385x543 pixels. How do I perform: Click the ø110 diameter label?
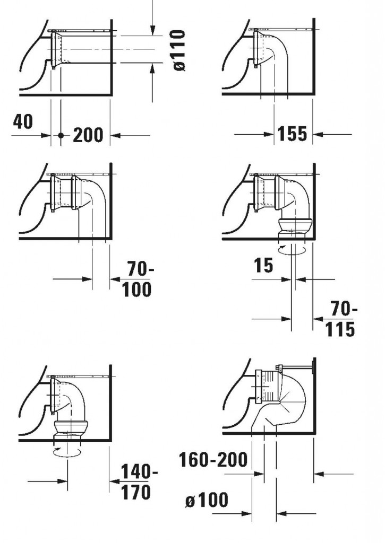click(x=179, y=50)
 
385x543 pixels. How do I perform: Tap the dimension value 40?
click(x=23, y=121)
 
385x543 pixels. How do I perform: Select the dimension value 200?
click(x=88, y=135)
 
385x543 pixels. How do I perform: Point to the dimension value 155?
click(x=293, y=134)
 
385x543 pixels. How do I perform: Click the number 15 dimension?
click(x=263, y=265)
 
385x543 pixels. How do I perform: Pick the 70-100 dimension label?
click(x=138, y=279)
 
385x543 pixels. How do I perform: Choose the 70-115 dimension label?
click(x=341, y=319)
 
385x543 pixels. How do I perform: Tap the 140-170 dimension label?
click(x=138, y=482)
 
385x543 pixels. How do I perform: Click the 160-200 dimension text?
click(x=213, y=460)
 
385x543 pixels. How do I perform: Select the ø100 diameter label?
click(x=207, y=500)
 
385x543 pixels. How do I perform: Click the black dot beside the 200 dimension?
click(x=61, y=135)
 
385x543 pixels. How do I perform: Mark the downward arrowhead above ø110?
click(x=152, y=30)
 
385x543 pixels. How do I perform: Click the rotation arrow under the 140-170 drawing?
click(x=67, y=452)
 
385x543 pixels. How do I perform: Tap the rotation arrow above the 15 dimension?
click(x=293, y=250)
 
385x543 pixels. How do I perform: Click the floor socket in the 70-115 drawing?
click(x=295, y=229)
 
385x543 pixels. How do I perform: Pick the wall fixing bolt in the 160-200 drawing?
click(x=295, y=367)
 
